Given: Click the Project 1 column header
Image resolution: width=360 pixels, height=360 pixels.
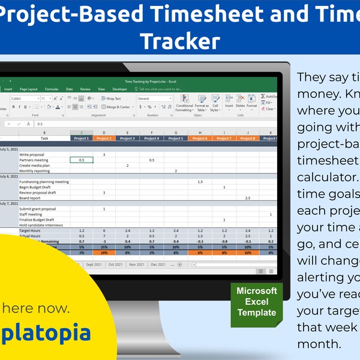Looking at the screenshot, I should (81, 138).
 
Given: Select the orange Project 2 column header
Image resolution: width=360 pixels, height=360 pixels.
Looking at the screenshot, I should (104, 138).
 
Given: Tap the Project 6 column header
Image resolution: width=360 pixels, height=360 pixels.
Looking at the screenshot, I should (200, 138).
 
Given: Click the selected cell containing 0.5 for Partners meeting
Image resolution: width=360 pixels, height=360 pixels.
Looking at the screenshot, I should (81, 160).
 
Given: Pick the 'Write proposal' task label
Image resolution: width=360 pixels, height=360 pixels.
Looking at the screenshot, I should (31, 155).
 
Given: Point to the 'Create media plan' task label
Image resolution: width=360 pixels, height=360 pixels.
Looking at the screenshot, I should (34, 166).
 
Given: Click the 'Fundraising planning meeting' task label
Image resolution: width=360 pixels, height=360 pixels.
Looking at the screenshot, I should (44, 182).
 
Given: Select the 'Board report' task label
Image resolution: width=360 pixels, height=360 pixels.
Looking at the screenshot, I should (30, 197).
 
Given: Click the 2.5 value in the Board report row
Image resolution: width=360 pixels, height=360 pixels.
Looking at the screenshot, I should (247, 197).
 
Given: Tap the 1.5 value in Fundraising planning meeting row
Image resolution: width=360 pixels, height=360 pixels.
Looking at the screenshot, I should (200, 182).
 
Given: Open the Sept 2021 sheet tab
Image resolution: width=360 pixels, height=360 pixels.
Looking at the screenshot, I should (94, 264).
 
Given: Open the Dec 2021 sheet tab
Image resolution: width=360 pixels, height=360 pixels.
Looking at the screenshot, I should (158, 264).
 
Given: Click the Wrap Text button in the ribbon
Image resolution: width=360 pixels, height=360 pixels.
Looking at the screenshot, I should (112, 98).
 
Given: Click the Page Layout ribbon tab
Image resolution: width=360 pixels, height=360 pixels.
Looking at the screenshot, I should (28, 89).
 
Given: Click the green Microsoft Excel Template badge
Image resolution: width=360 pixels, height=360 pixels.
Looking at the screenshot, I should (256, 302).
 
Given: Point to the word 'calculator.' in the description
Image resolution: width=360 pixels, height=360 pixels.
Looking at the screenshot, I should (325, 177).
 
